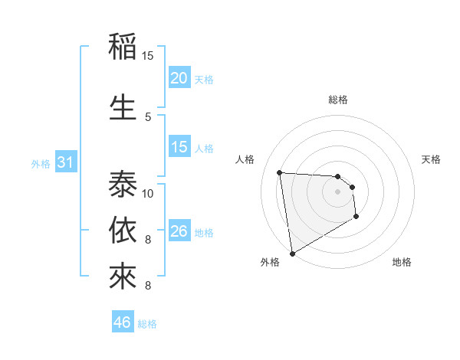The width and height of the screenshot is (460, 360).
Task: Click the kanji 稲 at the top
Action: (123, 47)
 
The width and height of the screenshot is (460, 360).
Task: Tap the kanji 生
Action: (123, 106)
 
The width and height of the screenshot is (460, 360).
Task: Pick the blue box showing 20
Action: (179, 78)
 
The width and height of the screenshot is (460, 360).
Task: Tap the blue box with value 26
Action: (179, 231)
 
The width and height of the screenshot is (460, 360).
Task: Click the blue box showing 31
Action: (65, 162)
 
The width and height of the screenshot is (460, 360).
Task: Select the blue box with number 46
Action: (123, 322)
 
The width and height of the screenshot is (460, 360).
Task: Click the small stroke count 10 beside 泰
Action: (148, 193)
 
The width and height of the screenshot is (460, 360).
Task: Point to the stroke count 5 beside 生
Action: (148, 116)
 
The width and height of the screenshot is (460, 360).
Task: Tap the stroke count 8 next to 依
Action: (148, 240)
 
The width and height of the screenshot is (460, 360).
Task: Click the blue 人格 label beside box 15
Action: (204, 149)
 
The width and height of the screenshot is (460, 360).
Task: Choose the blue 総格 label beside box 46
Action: (147, 324)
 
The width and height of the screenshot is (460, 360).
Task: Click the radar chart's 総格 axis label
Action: (338, 100)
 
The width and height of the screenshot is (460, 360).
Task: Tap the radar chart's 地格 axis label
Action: (402, 262)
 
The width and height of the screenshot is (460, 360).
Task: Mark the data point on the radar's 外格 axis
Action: (292, 253)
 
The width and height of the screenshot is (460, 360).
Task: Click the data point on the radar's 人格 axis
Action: (280, 172)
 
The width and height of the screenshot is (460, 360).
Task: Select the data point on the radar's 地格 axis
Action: (356, 218)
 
